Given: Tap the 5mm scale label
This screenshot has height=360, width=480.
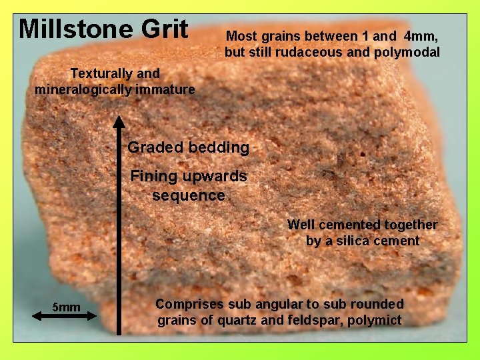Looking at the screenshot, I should [66, 307].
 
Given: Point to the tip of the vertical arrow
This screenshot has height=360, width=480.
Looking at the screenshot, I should [119, 118].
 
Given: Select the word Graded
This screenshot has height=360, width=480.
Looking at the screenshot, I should [152, 147].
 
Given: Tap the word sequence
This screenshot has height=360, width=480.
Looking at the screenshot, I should [189, 195].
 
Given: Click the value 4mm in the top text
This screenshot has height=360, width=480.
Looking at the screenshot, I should [421, 36].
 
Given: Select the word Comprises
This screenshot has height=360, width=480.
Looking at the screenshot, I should [190, 304].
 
